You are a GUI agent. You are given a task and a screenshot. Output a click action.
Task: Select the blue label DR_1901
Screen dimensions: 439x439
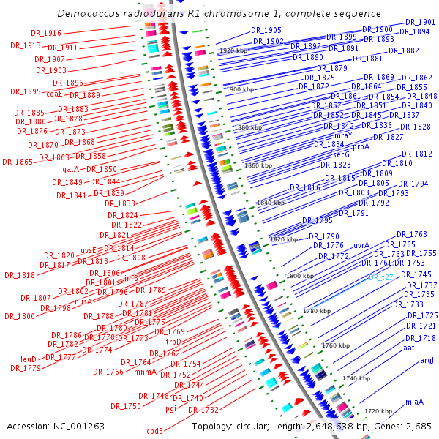pyautogui.click(x=420, y=23)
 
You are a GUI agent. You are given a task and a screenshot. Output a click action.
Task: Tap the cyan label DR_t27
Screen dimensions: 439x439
pyautogui.click(x=381, y=277)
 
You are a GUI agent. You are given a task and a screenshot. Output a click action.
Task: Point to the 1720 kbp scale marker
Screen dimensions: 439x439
pyautogui.click(x=379, y=412)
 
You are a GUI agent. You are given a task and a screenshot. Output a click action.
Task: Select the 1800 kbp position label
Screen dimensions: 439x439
pyautogui.click(x=299, y=276)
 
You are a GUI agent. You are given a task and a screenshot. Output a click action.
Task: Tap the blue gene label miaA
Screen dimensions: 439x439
pyautogui.click(x=415, y=402)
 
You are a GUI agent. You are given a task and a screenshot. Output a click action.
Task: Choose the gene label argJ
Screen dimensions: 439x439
pyautogui.click(x=427, y=360)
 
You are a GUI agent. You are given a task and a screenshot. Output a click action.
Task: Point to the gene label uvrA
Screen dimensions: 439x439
pyautogui.click(x=361, y=246)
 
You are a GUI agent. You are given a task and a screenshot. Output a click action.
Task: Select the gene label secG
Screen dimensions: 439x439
pyautogui.click(x=342, y=155)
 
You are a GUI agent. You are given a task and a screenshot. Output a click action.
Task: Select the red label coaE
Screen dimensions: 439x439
pyautogui.click(x=53, y=94)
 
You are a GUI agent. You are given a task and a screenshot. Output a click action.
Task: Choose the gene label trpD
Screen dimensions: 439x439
pyautogui.click(x=173, y=342)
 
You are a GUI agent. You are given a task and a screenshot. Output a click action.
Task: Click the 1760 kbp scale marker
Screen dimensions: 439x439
pyautogui.click(x=336, y=345)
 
